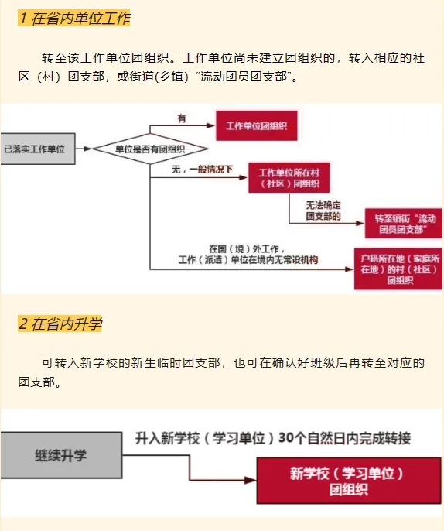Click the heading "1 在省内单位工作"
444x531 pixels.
(74, 18)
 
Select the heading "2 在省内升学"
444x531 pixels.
(60, 324)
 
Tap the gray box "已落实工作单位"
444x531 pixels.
(38, 149)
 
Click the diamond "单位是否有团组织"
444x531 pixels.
(150, 149)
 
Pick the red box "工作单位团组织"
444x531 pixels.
(257, 125)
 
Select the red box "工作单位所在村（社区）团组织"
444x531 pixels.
(289, 178)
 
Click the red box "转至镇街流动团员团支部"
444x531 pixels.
(404, 224)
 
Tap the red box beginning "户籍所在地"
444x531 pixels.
(398, 269)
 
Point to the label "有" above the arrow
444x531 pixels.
(182, 118)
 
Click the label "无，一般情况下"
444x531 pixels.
(202, 169)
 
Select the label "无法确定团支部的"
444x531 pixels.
(323, 211)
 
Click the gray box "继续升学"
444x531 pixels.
(61, 455)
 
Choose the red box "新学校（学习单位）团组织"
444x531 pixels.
(349, 481)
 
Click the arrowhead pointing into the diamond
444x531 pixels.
(87, 149)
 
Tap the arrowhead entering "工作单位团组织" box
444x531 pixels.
(211, 125)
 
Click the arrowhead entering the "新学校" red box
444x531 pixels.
(251, 480)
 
